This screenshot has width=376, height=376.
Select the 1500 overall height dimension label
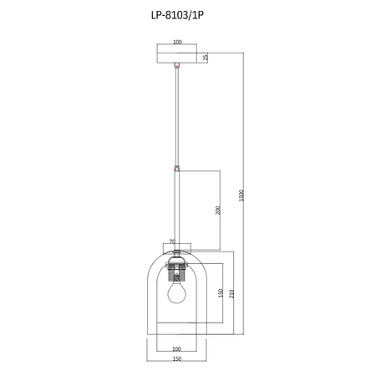240,195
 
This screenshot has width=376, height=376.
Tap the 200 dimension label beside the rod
217,210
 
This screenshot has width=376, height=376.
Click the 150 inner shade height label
220,293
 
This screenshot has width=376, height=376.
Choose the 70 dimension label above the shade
172,243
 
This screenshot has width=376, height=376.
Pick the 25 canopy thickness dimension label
205,57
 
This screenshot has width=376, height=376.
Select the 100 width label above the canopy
177,42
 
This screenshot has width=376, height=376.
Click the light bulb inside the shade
176,293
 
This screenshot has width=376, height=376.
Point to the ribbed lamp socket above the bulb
176,272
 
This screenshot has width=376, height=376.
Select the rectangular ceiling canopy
176,56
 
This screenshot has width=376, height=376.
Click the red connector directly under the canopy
176,65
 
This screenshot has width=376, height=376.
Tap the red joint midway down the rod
176,168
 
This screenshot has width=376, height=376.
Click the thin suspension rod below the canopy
176,117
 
